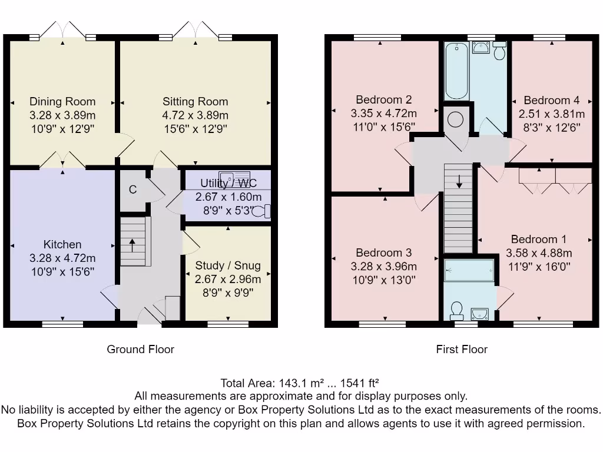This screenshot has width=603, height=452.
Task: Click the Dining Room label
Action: tap(62, 101)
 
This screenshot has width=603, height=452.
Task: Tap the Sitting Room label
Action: tap(196, 101)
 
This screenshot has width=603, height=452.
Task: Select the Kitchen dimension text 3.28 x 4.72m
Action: tap(62, 258)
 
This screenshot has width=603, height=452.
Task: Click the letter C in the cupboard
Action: tap(132, 190)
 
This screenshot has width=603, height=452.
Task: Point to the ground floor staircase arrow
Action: tap(132, 245)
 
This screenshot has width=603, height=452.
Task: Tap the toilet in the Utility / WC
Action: tap(261, 211)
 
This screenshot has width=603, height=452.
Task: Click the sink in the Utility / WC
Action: tap(234, 177)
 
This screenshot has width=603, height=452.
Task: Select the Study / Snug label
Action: tap(228, 265)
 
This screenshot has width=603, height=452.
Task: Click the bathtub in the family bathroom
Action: tap(456, 71)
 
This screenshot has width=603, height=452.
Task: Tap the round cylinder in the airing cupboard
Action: tap(455, 119)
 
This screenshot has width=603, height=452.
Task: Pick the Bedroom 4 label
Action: tap(551, 100)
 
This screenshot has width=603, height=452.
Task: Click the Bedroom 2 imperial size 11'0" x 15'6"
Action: tap(384, 127)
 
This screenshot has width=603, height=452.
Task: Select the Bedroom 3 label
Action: tap(384, 252)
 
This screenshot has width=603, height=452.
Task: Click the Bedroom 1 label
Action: tap(539, 239)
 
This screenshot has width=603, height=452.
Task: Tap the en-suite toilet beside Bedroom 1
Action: tap(456, 311)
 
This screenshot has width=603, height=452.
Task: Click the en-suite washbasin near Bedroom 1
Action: tap(479, 314)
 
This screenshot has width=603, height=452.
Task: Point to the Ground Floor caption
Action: tap(140, 349)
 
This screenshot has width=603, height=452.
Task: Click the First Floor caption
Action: tap(462, 349)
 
